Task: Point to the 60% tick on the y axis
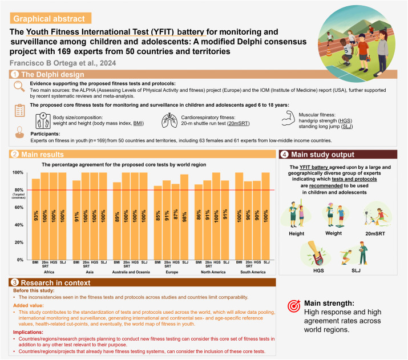(x=19, y=207)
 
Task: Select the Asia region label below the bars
(x=89, y=272)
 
